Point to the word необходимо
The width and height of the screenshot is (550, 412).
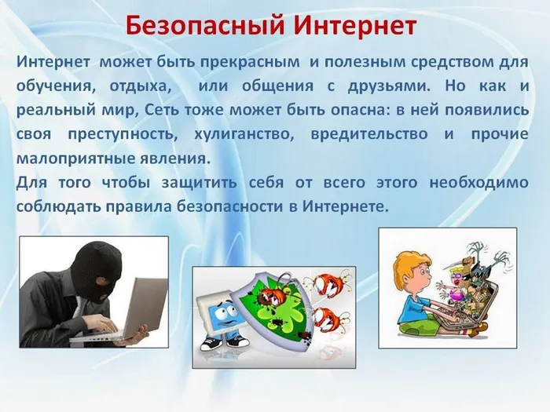(x=478, y=183)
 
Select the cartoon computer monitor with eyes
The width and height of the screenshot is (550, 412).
(x=223, y=311)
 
